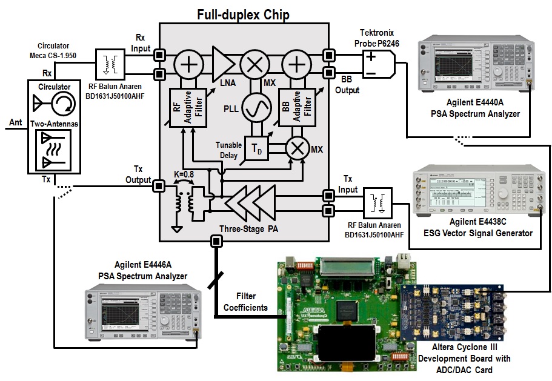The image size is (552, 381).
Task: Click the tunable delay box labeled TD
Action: tap(255, 148)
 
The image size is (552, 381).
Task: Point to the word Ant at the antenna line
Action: tap(15, 123)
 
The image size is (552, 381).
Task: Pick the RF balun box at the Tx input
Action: tap(377, 202)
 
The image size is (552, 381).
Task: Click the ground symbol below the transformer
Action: tap(177, 229)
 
